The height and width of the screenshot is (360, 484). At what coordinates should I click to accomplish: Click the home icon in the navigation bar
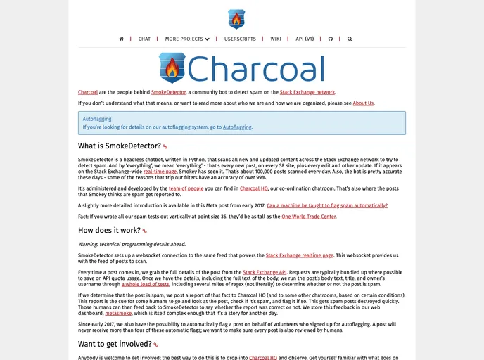(122, 39)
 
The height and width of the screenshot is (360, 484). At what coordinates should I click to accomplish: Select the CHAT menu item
(144, 39)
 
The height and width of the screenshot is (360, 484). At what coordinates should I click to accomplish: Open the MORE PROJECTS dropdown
(187, 39)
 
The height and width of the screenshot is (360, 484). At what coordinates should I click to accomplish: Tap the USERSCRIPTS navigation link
(240, 39)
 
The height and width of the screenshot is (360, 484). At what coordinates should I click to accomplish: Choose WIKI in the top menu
(276, 39)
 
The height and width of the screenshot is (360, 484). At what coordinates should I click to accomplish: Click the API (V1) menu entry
(305, 39)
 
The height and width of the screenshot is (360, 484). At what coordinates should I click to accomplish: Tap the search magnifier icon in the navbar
(350, 39)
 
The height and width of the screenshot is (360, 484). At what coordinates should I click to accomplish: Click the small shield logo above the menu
(236, 19)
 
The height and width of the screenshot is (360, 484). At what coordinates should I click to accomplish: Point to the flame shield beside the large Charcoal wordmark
(172, 69)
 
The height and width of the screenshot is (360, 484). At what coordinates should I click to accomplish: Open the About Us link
(363, 103)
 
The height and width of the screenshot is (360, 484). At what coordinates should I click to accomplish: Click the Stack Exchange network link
(307, 92)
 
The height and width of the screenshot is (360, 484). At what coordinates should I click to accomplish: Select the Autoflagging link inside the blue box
(237, 127)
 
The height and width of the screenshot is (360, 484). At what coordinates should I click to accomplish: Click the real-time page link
(160, 171)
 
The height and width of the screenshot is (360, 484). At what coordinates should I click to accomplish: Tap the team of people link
(186, 188)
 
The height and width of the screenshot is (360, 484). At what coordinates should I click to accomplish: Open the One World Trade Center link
(309, 217)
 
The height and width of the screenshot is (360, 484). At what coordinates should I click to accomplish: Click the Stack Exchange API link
(264, 271)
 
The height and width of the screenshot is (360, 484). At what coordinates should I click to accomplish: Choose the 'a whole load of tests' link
(146, 284)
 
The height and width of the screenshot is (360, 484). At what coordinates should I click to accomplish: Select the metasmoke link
(118, 313)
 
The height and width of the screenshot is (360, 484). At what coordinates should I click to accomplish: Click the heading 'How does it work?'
(109, 230)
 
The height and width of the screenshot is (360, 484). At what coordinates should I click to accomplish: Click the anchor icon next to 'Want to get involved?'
(156, 345)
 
